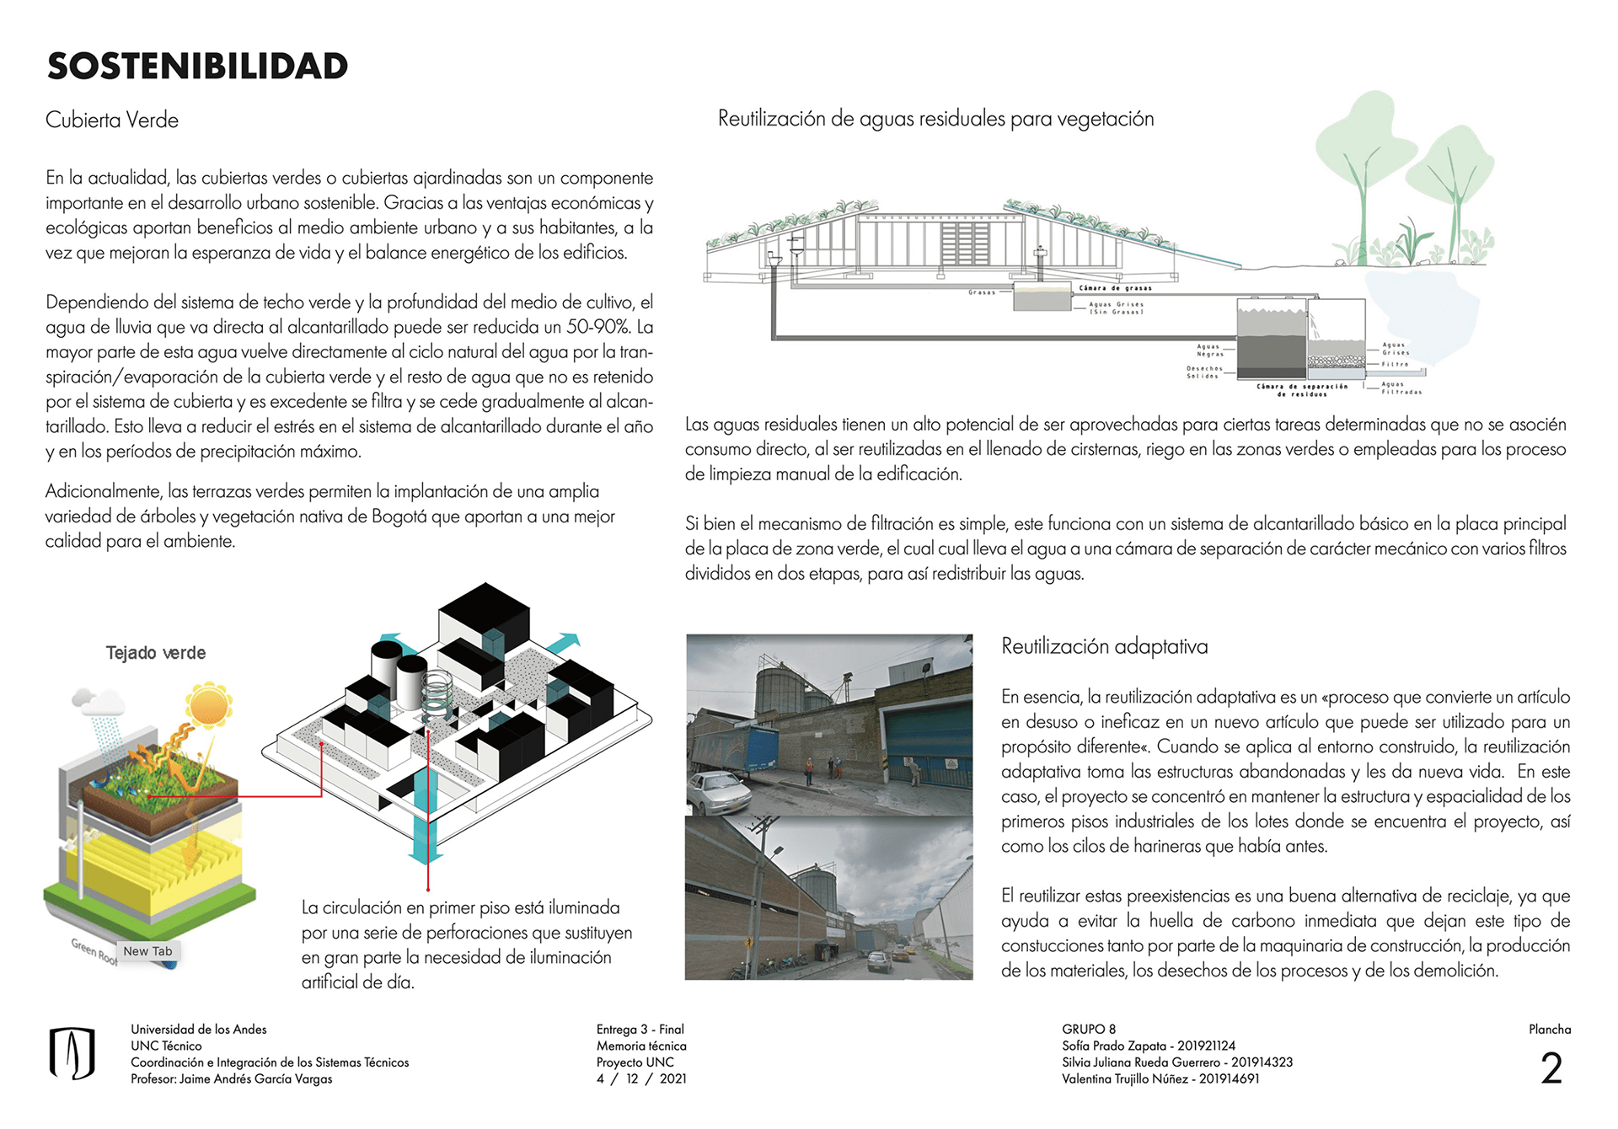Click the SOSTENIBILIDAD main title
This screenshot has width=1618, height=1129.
pos(197,67)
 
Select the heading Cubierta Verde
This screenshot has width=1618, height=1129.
pos(112,120)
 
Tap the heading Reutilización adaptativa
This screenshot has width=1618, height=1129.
pos(1104,646)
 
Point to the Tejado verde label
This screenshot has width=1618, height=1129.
pos(156,653)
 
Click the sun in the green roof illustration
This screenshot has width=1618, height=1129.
pos(208,705)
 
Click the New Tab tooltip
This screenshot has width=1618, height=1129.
pos(147,951)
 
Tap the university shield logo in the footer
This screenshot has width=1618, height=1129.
pos(72,1053)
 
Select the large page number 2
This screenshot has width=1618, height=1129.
pos(1551,1068)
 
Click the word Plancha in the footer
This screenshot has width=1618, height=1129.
pos(1550,1030)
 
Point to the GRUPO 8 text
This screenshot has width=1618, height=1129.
pos(1089,1030)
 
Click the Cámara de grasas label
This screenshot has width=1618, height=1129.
pos(1115,288)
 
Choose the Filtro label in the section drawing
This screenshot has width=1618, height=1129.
pos(1396,364)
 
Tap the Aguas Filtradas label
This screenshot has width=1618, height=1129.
pos(1401,388)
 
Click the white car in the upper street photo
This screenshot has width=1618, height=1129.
pos(718,792)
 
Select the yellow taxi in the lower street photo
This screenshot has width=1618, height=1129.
pos(902,954)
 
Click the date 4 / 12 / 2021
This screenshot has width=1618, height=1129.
pos(641,1079)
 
